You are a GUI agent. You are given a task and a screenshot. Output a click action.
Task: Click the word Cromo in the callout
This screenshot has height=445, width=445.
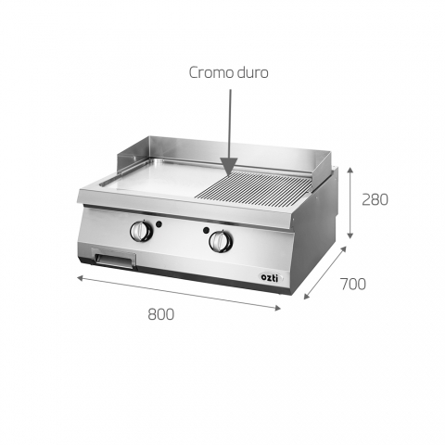[211, 73]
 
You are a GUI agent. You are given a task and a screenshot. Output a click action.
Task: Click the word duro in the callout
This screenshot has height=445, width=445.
[253, 73]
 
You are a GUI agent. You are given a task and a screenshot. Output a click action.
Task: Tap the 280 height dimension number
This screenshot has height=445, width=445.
[375, 199]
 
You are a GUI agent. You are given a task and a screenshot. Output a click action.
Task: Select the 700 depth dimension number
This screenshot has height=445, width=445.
[353, 284]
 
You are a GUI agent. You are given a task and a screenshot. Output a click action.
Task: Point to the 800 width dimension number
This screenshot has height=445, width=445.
[160, 314]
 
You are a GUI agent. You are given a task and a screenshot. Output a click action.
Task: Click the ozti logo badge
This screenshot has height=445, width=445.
[270, 277]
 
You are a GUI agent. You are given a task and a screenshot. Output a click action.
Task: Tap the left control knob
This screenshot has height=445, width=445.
[141, 231]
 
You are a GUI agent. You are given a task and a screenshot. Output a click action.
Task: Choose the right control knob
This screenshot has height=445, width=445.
[221, 241]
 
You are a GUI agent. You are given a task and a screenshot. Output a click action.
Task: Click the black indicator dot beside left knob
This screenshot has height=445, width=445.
[159, 224]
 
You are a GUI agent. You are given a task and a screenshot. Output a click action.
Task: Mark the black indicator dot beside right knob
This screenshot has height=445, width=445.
[206, 230]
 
